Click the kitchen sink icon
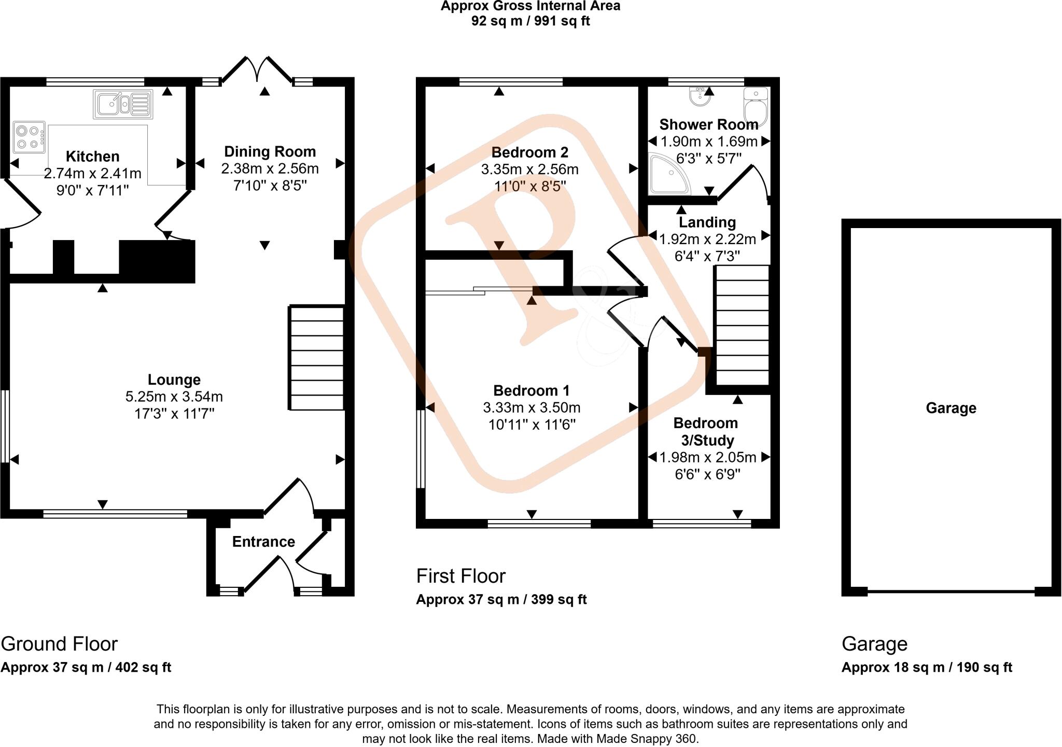123,104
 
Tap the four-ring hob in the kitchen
29,137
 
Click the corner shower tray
668,174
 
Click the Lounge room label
174,380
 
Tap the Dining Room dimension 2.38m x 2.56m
270,168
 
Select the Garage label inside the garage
951,408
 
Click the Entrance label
263,542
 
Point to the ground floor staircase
316,358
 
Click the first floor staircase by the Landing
742,325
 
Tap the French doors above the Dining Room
257,70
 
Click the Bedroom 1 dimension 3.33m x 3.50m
532,408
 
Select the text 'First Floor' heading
460,576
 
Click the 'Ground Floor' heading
59,644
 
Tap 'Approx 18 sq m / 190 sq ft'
926,668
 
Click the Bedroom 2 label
529,152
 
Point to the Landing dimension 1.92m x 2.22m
707,239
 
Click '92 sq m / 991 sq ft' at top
530,21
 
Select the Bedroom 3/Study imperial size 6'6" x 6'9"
707,474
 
